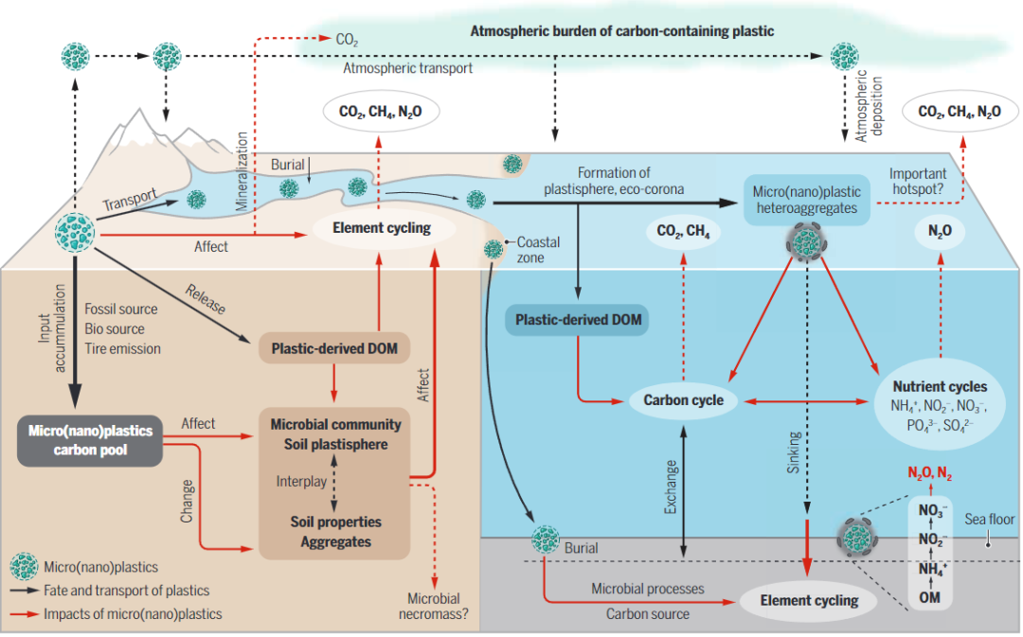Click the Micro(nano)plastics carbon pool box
coord(90,441)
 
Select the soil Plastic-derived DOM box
coord(334,348)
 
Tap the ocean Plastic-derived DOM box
coord(578,320)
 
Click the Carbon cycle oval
coord(684,399)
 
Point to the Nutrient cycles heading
coord(941,386)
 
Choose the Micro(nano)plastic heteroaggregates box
coord(807,200)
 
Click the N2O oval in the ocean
coord(941,231)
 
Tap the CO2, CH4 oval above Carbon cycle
coord(684,231)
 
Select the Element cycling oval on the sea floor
coord(810,600)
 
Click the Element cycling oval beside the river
coord(382,227)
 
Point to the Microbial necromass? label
coord(433,606)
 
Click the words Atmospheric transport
coord(407,68)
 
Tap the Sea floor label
coord(990,519)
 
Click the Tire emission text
coord(122,349)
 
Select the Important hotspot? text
coord(917,182)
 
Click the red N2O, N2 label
coord(930,473)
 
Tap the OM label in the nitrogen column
coord(930,597)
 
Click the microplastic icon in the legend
coord(24,567)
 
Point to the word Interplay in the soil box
coord(301,481)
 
